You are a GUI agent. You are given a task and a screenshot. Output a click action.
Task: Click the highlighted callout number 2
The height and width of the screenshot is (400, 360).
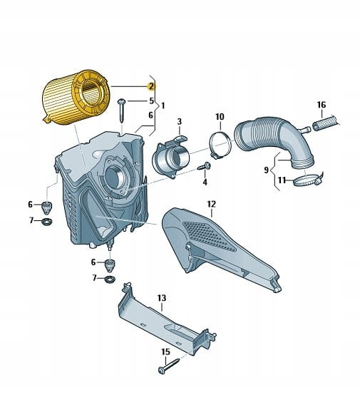[152, 86]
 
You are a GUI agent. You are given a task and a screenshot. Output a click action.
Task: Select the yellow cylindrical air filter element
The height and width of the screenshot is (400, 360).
[76, 97]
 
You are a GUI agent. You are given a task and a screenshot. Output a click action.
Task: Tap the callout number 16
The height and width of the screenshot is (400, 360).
[322, 105]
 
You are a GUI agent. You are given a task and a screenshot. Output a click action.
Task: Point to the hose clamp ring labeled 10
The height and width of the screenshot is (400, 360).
[220, 145]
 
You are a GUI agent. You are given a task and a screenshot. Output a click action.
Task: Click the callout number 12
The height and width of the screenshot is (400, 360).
[212, 204]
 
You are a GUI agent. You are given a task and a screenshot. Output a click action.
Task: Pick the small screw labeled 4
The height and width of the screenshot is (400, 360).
[205, 166]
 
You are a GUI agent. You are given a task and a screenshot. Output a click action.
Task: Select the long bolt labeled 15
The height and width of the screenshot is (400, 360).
[169, 366]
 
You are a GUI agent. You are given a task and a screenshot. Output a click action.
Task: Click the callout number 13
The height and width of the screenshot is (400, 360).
[162, 298]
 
